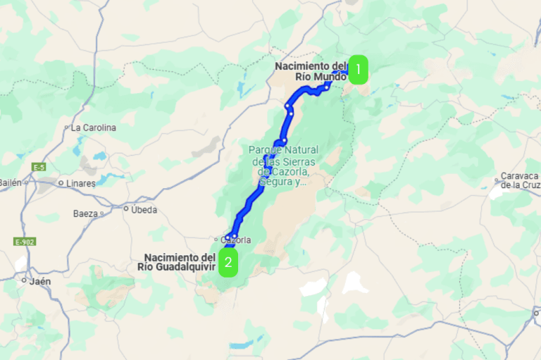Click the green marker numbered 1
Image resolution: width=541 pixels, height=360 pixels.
tap(359, 70)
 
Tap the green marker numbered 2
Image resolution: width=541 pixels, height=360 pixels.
tap(228, 263)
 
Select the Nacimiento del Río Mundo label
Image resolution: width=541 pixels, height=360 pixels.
tap(311, 71)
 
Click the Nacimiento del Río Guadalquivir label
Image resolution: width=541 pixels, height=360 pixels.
tap(179, 261)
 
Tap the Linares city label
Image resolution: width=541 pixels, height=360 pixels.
tap(81, 183)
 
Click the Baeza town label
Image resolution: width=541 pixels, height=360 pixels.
tap(85, 213)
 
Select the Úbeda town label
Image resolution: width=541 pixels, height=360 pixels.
tap(144, 209)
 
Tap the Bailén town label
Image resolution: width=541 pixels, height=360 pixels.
tap(10, 182)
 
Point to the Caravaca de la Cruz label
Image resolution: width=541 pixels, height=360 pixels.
tap(520, 180)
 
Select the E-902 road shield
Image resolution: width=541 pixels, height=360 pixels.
tap(25, 242)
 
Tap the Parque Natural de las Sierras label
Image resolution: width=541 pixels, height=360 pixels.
tap(283, 166)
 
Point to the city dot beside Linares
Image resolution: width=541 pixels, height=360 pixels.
tap(61, 183)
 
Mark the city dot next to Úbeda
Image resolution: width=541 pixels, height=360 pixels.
tap(126, 209)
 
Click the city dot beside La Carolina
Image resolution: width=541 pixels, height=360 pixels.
tap(67, 128)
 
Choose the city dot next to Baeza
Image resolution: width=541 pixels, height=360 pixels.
tap(102, 213)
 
